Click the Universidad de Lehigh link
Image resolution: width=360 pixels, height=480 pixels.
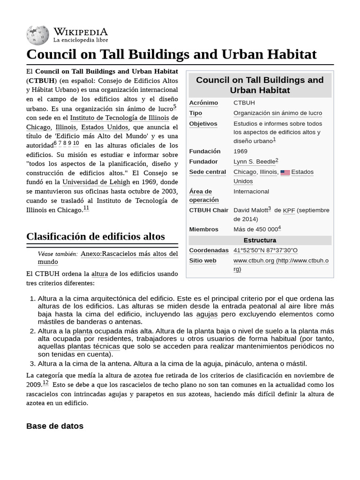point(96,182)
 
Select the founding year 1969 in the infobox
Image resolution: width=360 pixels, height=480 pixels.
point(240,151)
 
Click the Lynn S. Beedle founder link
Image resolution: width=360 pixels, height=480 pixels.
point(254,162)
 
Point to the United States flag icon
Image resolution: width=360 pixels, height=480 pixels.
point(285,172)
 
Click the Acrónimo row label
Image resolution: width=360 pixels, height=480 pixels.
point(203,103)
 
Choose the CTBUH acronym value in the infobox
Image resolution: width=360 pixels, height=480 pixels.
point(244,103)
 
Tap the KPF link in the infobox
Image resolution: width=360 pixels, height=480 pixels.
point(289,210)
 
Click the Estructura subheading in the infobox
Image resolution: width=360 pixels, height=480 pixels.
point(260,240)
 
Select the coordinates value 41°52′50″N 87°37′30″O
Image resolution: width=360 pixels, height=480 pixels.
point(265,250)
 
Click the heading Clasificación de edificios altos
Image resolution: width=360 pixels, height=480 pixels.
point(96,236)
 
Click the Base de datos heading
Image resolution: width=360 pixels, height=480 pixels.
point(55,426)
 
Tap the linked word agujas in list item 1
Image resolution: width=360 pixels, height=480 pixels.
point(207,314)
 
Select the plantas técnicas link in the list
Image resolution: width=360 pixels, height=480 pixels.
point(93,346)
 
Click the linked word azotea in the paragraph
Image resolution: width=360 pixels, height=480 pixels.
point(142,375)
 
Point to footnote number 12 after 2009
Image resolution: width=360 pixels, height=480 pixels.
point(45,382)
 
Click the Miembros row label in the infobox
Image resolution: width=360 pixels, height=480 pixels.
point(203,229)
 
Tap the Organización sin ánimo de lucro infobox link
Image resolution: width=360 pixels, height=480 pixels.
point(277,113)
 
